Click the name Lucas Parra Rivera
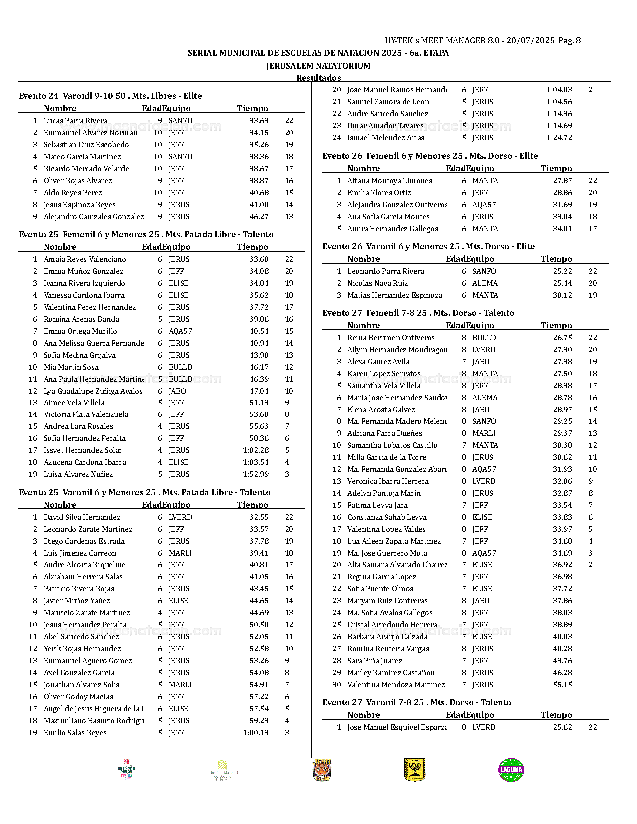click(x=75, y=121)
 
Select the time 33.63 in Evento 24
click(x=259, y=121)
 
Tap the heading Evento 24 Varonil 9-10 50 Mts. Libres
click(x=110, y=96)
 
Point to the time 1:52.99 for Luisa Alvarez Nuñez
click(x=256, y=474)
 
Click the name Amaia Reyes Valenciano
click(x=85, y=259)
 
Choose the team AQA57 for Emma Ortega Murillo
click(x=180, y=331)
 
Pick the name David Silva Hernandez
click(x=82, y=517)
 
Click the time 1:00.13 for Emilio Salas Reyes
click(x=256, y=733)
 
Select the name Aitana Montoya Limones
click(x=390, y=181)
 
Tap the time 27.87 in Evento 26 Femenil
click(x=562, y=181)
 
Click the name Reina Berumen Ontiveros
click(x=391, y=338)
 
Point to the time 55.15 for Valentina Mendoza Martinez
click(x=562, y=685)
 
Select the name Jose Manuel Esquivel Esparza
click(x=397, y=727)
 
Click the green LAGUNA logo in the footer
click(x=511, y=770)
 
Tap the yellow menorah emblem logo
click(x=414, y=770)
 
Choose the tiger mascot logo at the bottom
click(x=322, y=770)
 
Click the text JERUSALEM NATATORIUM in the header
click(x=318, y=66)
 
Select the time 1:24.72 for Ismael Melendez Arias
click(x=559, y=138)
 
